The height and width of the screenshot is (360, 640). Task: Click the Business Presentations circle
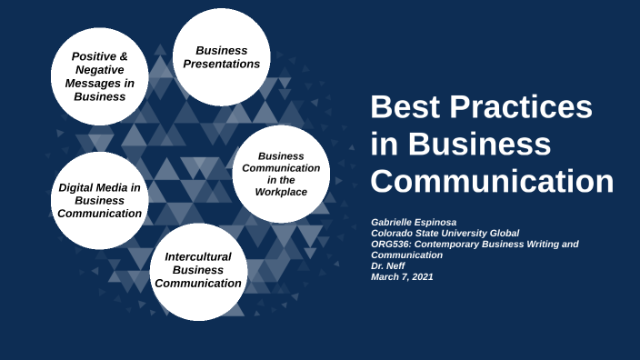click(x=221, y=57)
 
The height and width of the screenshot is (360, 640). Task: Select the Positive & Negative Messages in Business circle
click(x=100, y=75)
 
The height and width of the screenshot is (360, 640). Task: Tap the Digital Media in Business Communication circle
click(x=99, y=200)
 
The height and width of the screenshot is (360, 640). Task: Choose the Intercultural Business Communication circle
click(x=198, y=270)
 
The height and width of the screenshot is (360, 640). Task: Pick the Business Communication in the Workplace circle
click(x=281, y=174)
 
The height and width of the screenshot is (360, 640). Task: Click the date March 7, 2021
click(x=402, y=277)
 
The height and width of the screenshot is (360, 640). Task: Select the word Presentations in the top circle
click(x=221, y=64)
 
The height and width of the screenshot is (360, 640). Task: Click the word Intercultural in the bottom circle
click(x=198, y=256)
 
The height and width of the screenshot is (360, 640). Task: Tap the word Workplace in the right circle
click(x=281, y=192)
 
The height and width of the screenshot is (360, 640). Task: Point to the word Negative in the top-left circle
click(x=100, y=69)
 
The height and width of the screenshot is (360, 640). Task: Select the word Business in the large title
click(x=480, y=145)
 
